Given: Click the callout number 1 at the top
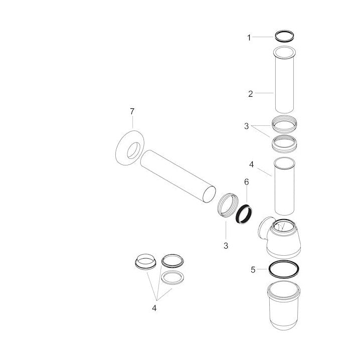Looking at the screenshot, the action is click(249, 38).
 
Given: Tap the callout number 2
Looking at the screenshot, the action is click(251, 94).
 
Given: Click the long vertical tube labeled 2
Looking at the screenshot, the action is click(284, 80).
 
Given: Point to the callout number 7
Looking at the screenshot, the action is click(132, 112).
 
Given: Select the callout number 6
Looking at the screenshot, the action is click(246, 182).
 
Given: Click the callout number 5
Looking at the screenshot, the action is click(253, 270).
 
